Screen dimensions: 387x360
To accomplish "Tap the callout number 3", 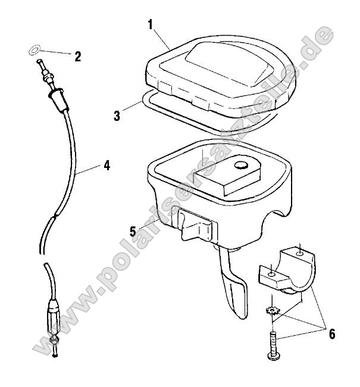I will click(x=117, y=115).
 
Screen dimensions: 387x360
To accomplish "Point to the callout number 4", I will click(x=107, y=166).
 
